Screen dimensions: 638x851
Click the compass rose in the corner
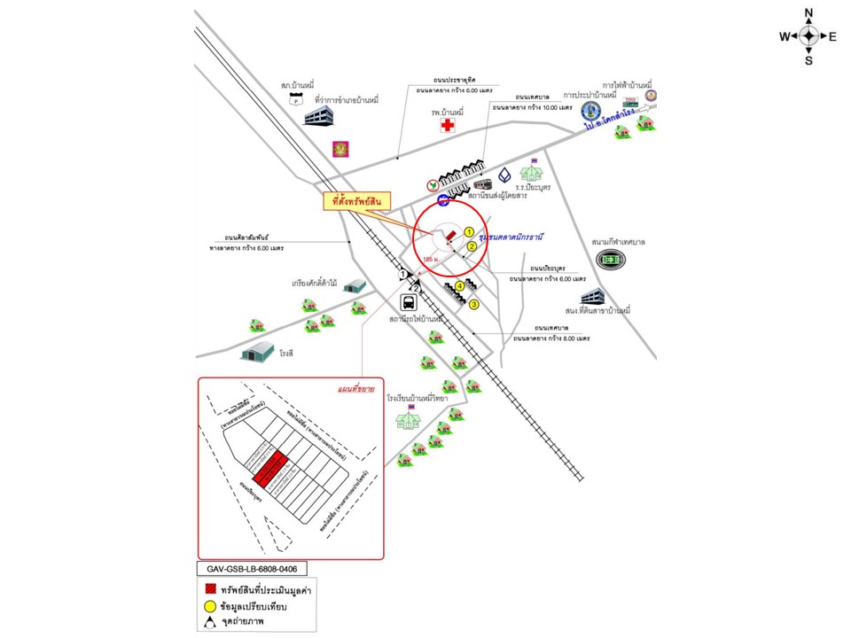[808, 36]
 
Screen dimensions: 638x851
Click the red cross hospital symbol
[448, 127]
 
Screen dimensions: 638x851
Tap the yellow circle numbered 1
[469, 232]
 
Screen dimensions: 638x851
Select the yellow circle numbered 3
[474, 305]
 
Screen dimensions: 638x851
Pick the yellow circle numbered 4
[460, 286]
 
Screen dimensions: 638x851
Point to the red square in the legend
[211, 589]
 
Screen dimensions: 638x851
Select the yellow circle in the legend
[211, 607]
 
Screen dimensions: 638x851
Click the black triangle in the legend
[211, 624]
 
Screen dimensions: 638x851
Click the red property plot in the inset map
[274, 468]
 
